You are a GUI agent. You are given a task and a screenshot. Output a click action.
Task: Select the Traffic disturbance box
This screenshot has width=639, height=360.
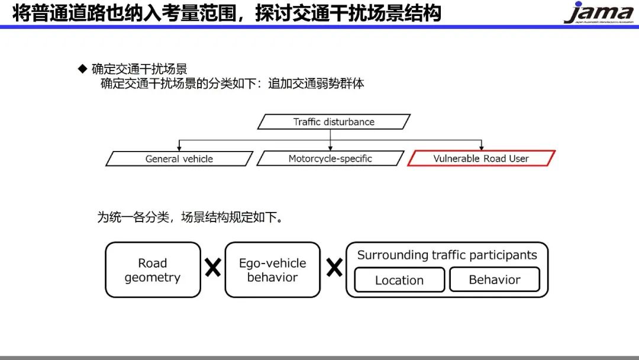tap(334, 122)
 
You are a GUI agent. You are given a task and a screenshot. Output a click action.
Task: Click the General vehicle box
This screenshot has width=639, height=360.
tap(179, 159)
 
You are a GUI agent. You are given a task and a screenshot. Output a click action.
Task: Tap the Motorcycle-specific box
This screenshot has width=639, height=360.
tap(330, 159)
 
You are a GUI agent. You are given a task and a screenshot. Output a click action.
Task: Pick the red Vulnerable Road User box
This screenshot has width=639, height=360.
tap(481, 159)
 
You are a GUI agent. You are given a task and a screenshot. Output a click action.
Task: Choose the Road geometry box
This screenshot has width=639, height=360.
tap(153, 270)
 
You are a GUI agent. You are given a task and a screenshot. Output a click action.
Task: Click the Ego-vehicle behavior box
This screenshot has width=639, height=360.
tap(272, 270)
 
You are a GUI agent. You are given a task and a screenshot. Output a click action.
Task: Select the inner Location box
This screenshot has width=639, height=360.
tap(399, 280)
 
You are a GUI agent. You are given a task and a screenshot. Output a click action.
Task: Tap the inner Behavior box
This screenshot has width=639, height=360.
tap(495, 279)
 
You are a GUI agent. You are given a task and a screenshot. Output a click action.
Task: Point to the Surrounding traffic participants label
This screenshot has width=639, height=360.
tap(447, 255)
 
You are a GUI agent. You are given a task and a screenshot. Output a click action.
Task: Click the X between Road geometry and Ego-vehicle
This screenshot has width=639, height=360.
tap(213, 268)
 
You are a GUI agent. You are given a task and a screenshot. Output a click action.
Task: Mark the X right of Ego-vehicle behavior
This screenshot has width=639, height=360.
tap(334, 268)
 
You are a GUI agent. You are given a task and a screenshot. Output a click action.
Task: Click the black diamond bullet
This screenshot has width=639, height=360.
tap(83, 69)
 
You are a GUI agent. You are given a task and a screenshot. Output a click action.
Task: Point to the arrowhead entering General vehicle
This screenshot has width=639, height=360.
tap(179, 148)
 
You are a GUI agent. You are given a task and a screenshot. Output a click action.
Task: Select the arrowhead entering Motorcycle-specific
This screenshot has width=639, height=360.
tap(330, 148)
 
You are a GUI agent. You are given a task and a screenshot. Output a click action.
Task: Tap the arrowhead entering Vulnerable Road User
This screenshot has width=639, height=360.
tap(482, 148)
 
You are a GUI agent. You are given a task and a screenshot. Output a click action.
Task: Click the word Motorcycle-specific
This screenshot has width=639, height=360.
tap(330, 159)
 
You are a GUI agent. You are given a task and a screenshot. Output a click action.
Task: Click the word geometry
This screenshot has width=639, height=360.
tap(153, 278)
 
